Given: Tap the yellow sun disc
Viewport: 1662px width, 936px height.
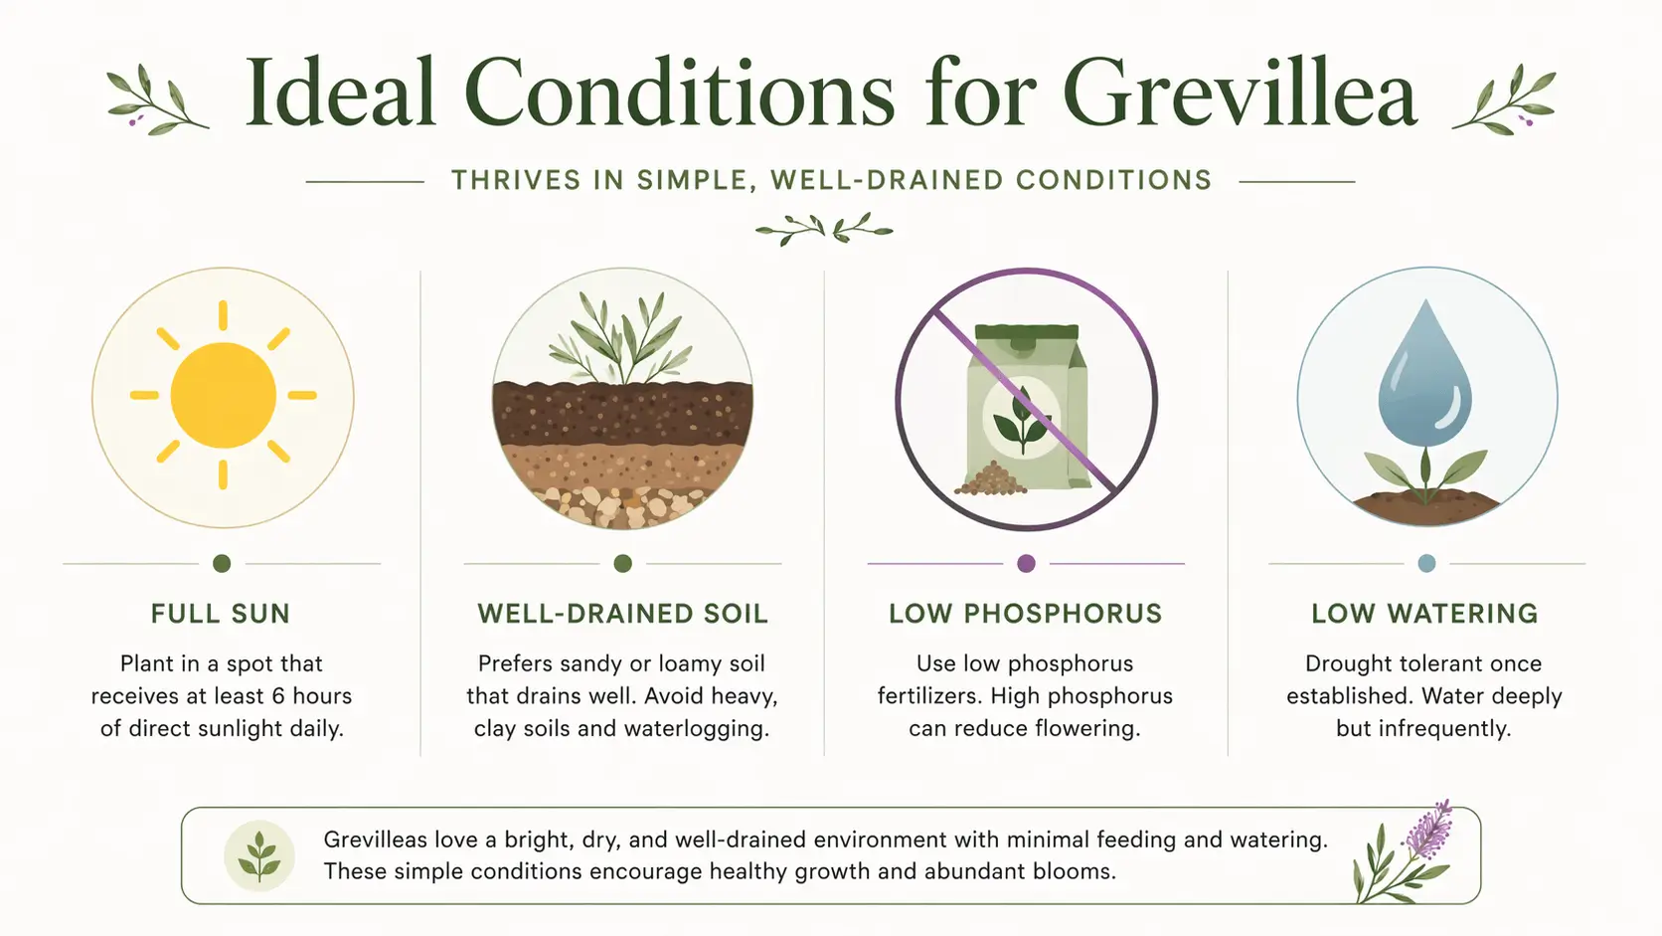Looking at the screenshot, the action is pos(224,396).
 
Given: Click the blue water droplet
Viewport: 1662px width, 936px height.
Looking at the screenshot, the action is pos(1424,373).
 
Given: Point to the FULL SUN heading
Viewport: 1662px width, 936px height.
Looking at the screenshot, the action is pos(221,614).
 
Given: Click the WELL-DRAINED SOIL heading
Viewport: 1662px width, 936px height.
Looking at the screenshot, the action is pos(623,614).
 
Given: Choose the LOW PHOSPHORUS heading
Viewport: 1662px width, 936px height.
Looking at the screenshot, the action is pos(1026,614).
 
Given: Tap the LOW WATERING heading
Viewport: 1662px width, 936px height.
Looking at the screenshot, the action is pos(1424,614).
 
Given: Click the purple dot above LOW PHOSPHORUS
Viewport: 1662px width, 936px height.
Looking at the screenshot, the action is pos(1026,563).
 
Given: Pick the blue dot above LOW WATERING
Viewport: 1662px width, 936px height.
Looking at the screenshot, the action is pos(1426,563).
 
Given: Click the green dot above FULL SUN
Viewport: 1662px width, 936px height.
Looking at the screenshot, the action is pos(222,563).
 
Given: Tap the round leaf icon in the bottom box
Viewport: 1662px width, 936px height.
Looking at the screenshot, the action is pos(259,855).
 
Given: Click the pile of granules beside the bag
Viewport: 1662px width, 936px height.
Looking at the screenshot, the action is pos(990,479).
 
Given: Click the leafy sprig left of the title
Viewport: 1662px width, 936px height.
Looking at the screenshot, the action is pos(157,100).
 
